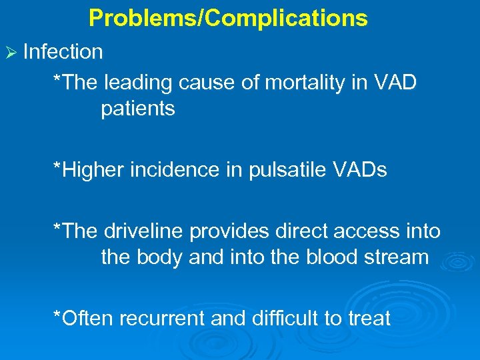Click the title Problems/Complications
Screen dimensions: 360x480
(228, 18)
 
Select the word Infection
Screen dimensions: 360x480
(63, 51)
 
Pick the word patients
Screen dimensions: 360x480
(138, 109)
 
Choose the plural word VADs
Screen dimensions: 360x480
(361, 170)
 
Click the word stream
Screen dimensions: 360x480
(396, 257)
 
